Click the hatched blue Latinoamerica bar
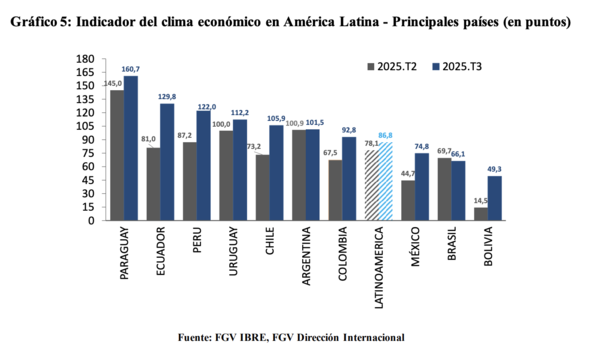point(385,181)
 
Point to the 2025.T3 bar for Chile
point(276,173)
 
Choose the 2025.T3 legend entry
point(459,66)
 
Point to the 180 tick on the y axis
point(87,59)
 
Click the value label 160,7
point(131,69)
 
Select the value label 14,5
point(481,202)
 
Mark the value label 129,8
point(167,97)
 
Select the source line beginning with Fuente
point(290,336)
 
